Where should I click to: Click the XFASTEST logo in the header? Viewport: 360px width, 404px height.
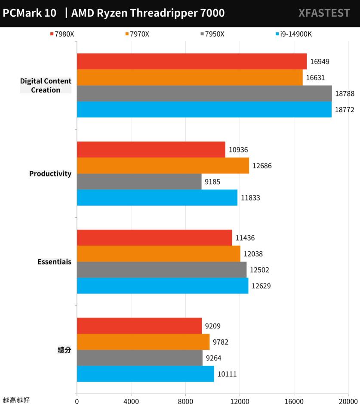point(324,13)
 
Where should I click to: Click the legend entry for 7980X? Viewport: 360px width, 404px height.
point(63,34)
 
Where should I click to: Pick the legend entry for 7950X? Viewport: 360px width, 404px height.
point(212,34)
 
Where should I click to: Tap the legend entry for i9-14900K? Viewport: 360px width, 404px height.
point(293,34)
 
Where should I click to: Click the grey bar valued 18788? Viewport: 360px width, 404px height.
point(204,93)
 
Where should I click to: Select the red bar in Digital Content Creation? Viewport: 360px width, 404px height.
point(192,62)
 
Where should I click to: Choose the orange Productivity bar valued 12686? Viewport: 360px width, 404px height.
point(163,166)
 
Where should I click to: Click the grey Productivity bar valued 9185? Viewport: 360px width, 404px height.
point(139,182)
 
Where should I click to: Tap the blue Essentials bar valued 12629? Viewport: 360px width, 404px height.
point(162,286)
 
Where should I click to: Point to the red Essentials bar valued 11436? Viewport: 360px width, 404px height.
point(154,237)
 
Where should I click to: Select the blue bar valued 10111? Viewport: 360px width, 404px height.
point(145,374)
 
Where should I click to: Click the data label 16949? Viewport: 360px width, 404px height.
point(320,62)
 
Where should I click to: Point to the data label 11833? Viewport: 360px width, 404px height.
point(250,198)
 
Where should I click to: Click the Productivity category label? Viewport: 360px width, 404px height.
point(50,174)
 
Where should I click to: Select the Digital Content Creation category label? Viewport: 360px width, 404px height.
point(46,85)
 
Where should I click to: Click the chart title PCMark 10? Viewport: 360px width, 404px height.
point(30,13)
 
